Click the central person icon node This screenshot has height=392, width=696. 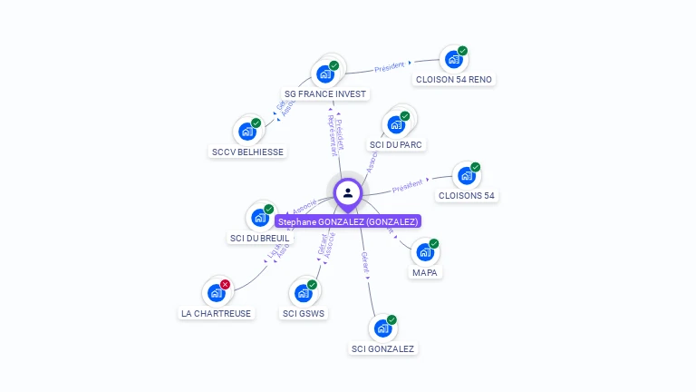(348, 193)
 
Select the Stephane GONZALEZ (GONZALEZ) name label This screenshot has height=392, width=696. (348, 221)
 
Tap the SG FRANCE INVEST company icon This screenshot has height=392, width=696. (324, 74)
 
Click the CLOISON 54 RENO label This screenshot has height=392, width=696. (453, 79)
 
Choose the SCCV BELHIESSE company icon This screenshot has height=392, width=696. (246, 132)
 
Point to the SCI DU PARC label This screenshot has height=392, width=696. (396, 144)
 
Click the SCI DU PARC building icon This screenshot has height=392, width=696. (395, 125)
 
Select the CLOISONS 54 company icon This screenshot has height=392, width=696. (466, 176)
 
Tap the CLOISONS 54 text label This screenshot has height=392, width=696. (466, 195)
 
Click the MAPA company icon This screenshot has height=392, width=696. (424, 252)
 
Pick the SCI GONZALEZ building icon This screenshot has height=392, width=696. (382, 328)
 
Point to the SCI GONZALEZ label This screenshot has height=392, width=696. (382, 348)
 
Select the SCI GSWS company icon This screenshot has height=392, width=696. (303, 294)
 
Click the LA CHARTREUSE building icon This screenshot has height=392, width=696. (216, 293)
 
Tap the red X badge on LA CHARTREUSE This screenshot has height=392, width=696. (226, 284)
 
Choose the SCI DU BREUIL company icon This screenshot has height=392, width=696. (259, 218)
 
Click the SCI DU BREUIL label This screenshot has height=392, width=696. (260, 238)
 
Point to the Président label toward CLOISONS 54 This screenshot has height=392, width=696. (407, 186)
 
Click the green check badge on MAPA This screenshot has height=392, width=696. (434, 243)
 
